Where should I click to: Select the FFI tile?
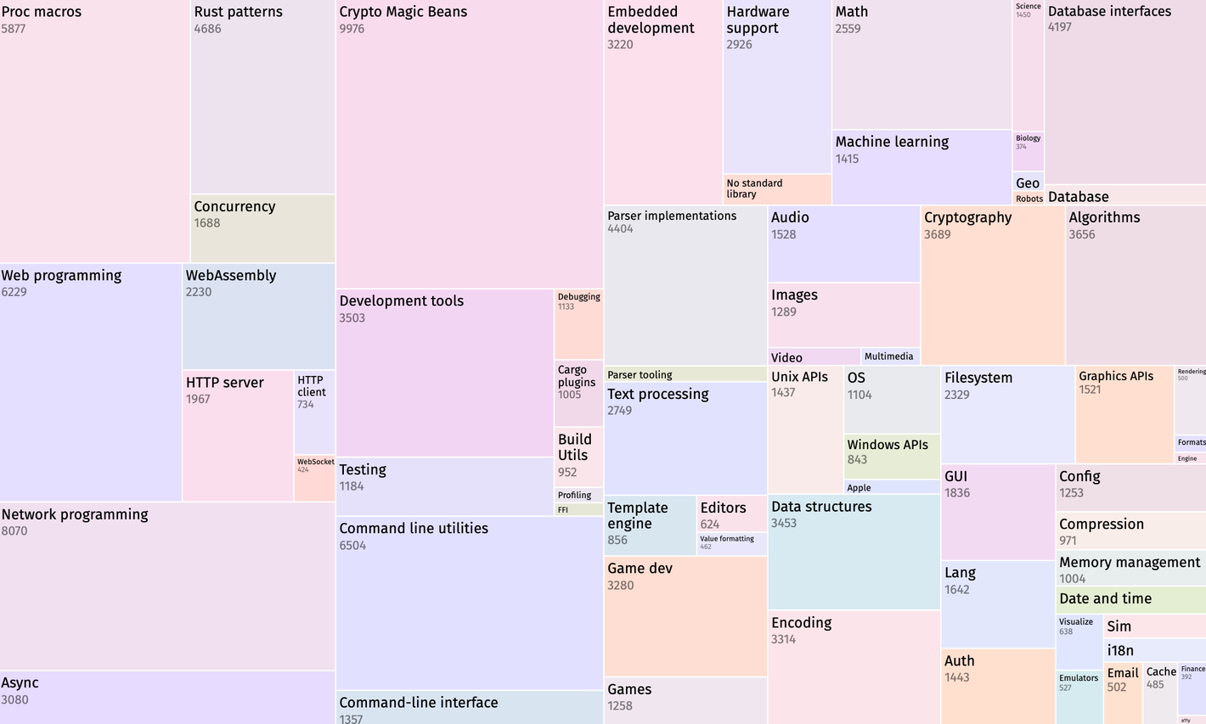point(578,510)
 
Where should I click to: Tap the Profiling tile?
point(578,495)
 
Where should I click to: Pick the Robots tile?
point(1028,199)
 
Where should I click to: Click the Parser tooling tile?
point(685,374)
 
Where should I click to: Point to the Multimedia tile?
point(889,356)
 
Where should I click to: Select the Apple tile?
point(892,487)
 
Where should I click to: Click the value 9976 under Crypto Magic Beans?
point(352,29)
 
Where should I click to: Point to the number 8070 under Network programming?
point(14,531)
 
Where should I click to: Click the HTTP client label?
point(311,386)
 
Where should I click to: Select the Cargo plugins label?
point(577,376)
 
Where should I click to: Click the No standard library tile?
point(776,188)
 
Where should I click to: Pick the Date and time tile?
point(1130,599)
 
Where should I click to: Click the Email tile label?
point(1122,673)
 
